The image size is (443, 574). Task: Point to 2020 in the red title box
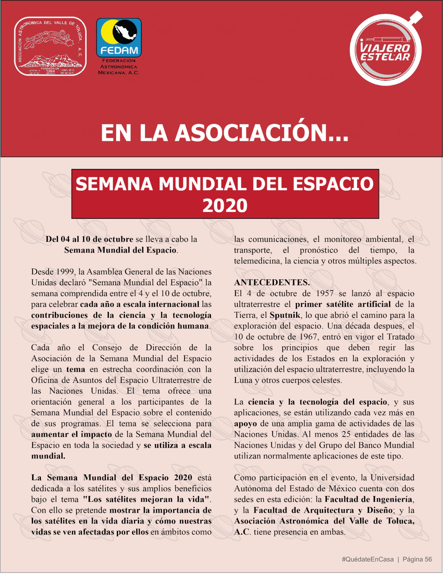tap(225, 206)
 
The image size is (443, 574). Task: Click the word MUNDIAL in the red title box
tap(202, 184)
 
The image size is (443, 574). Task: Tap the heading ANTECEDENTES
tap(272, 283)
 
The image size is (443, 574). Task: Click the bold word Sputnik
tap(285, 315)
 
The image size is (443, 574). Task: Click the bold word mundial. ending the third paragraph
tap(48, 456)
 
